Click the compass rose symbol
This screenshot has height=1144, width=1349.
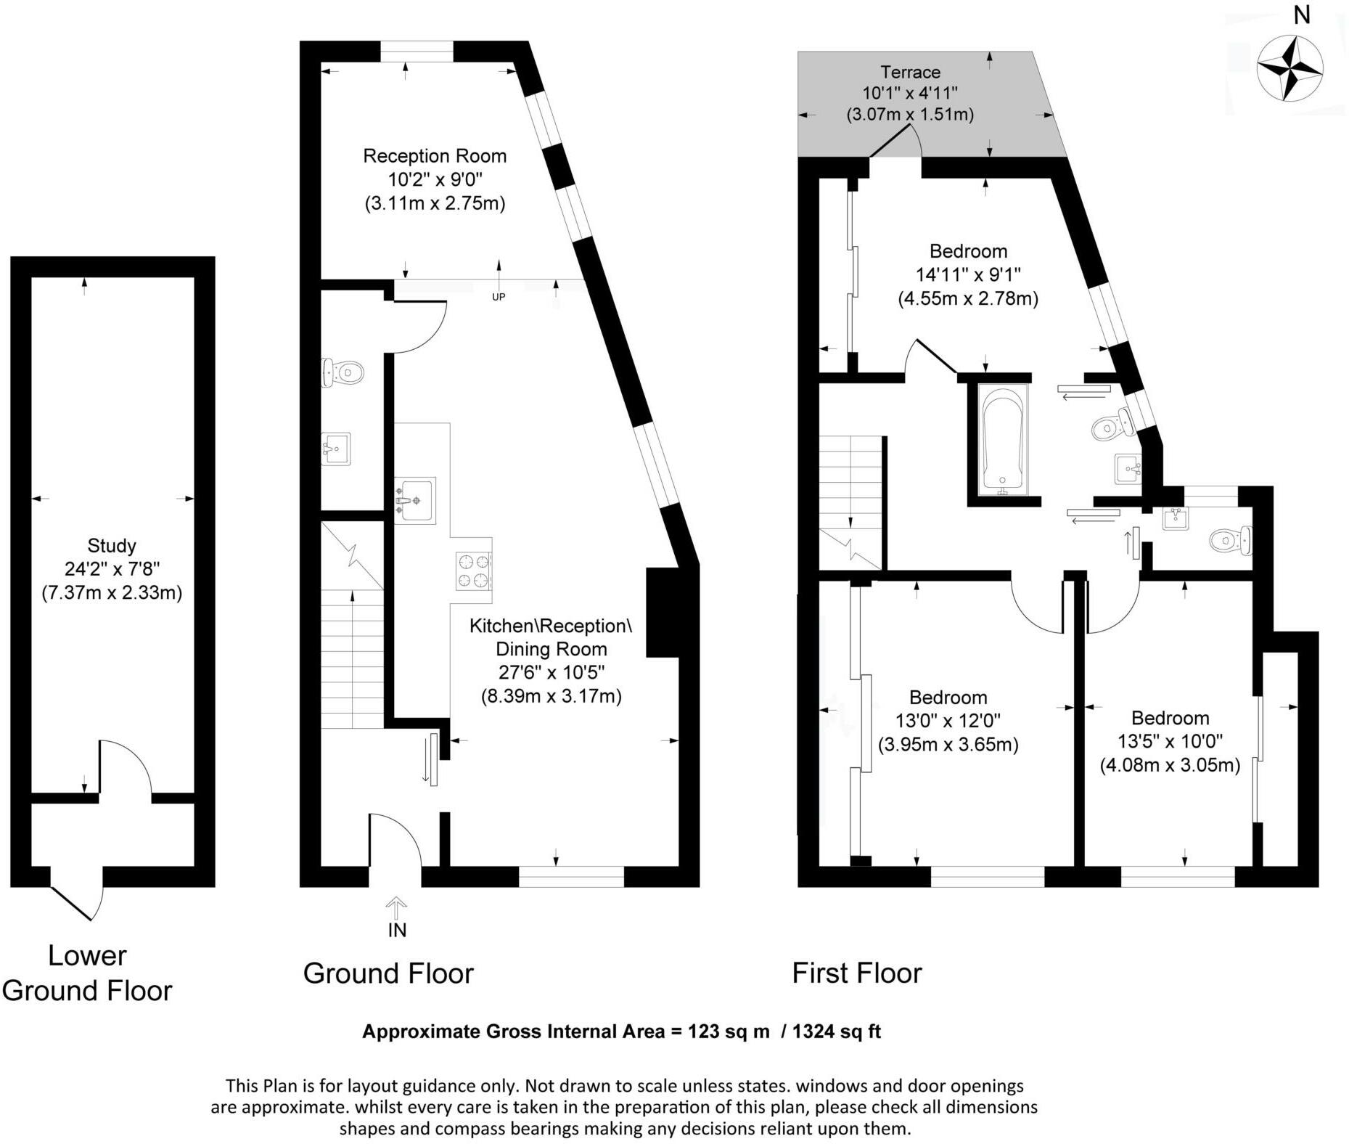[x=1289, y=68]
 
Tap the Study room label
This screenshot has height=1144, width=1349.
[x=112, y=545]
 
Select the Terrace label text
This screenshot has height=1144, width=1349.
[x=910, y=72]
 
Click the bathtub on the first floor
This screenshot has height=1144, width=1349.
[x=1003, y=440]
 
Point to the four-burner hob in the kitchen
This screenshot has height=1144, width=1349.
[x=473, y=571]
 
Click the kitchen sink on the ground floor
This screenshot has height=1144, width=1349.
[x=415, y=499]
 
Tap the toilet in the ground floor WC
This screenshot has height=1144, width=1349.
[x=342, y=373]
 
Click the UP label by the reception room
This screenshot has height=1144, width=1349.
[x=499, y=296]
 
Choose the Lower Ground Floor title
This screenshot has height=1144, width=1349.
[x=87, y=973]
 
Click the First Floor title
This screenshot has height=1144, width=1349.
[x=856, y=973]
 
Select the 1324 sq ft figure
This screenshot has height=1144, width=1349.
[x=837, y=1031]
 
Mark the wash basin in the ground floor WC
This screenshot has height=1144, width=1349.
[x=336, y=449]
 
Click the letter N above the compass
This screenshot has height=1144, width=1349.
[x=1302, y=15]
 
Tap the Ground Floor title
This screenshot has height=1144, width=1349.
[x=388, y=973]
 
